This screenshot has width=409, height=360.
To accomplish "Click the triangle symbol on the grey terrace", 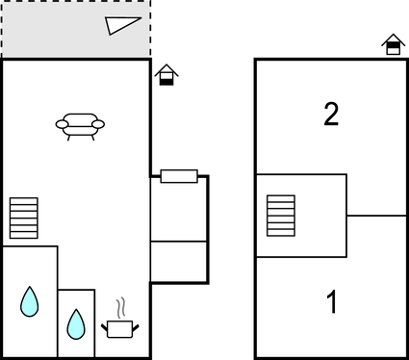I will coord(124,26).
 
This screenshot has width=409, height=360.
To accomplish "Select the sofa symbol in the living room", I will coord(80,125).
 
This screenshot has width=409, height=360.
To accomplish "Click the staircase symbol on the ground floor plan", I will coord(23,218).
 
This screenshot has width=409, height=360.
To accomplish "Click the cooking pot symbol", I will coord(119,328).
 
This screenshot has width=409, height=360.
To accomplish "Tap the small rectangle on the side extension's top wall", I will coord(179,176).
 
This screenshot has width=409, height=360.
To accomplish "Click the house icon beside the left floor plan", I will coord(166,75).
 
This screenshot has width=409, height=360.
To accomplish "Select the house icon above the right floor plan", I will coord(393,44).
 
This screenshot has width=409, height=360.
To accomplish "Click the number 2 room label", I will coord(331,115).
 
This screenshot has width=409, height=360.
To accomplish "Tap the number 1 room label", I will coord(331,303).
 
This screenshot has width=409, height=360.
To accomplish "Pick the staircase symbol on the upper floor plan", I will coord(281,215).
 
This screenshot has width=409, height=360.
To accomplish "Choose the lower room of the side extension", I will coord(179,261).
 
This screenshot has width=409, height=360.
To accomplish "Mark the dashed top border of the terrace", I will coord(75,2).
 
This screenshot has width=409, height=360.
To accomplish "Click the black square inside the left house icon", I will coord(166,81).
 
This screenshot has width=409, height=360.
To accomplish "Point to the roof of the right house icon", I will coord(393,39).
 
